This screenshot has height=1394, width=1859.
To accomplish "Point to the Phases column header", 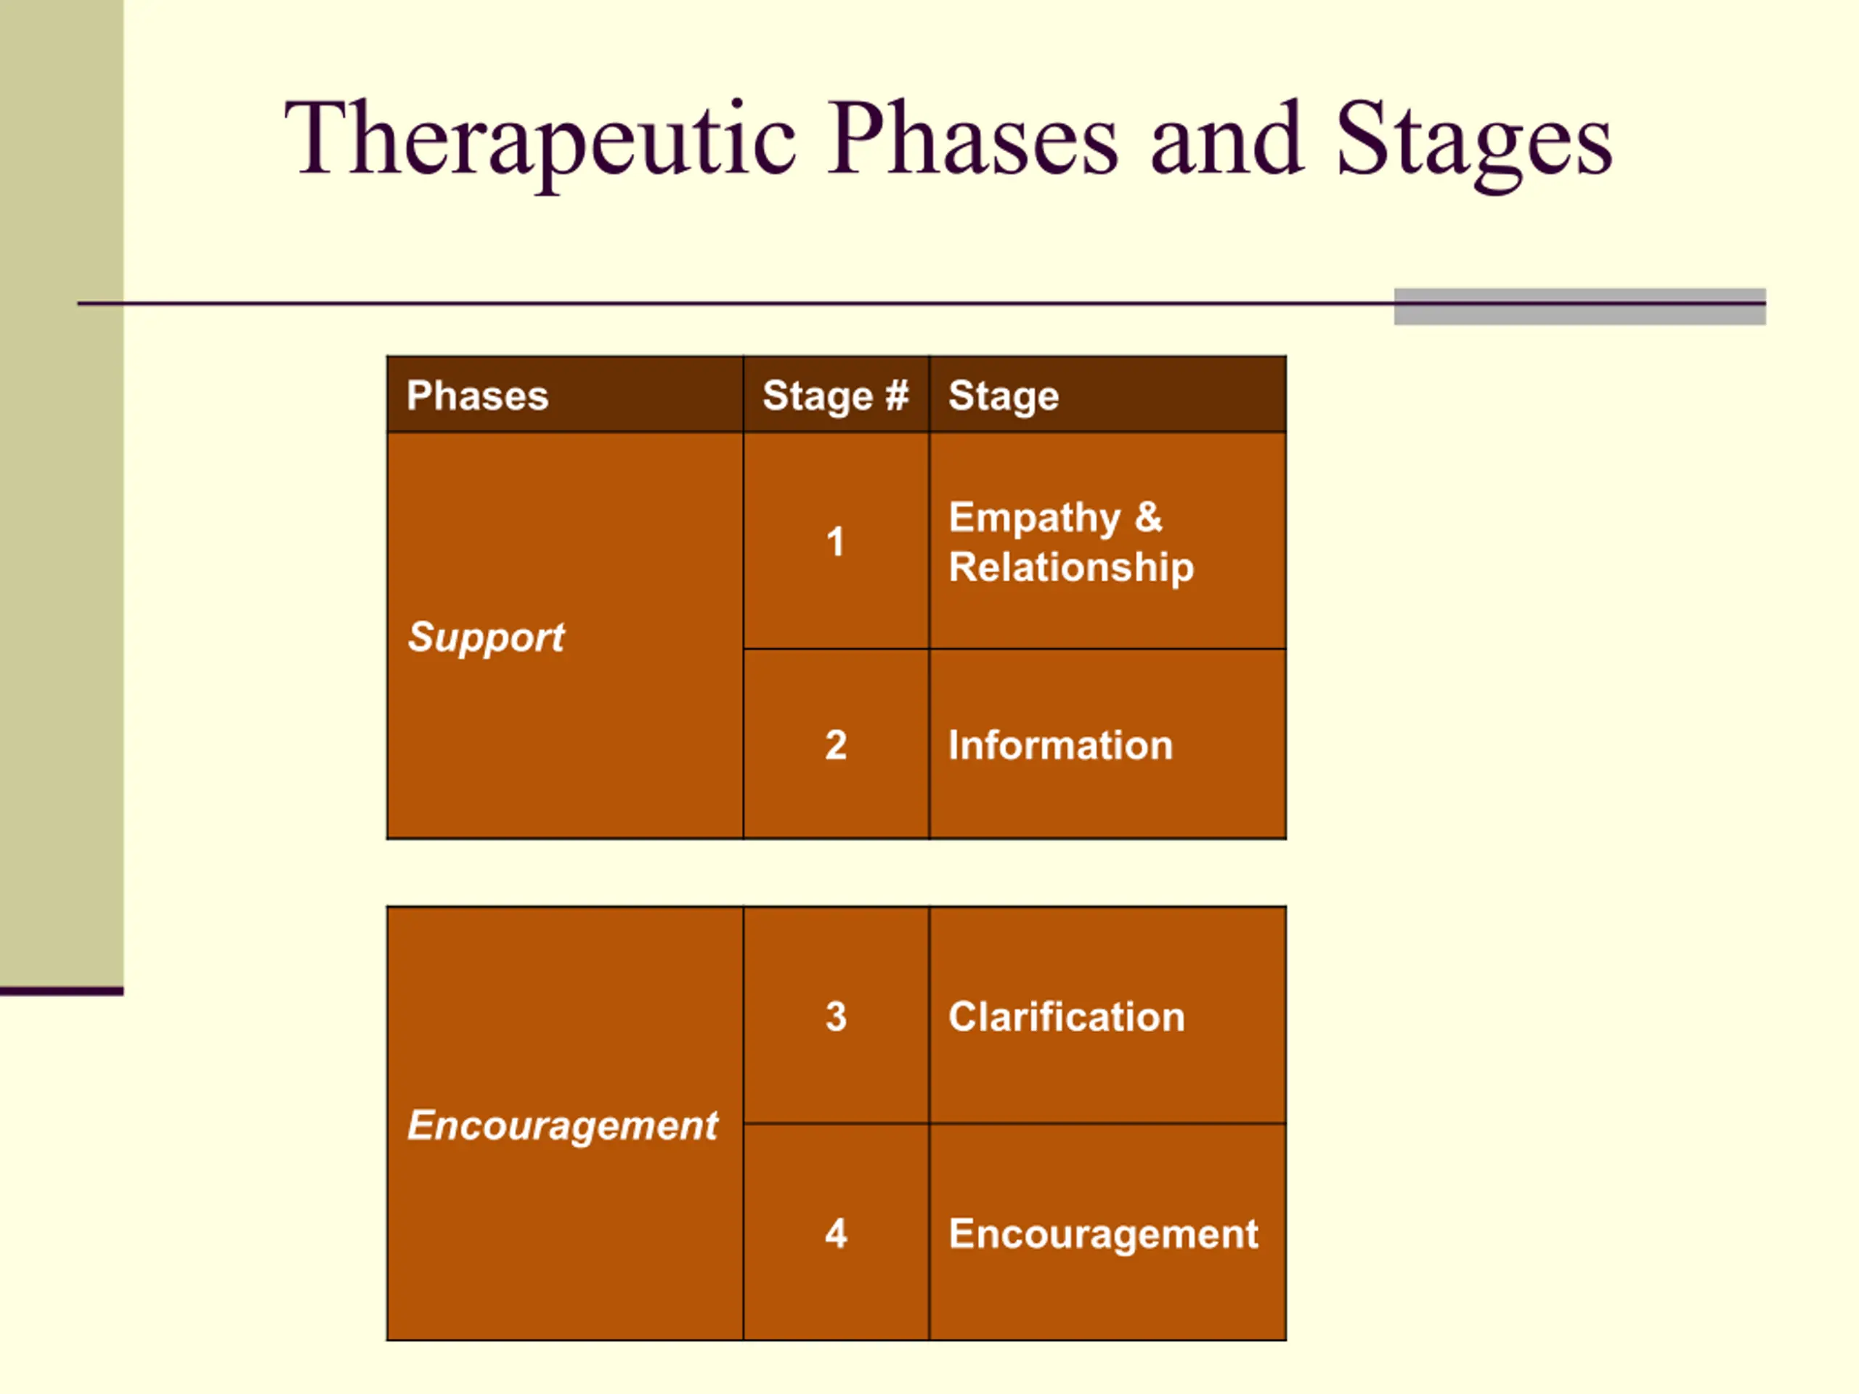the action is [477, 395].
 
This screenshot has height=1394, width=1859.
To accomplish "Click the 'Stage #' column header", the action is [835, 396].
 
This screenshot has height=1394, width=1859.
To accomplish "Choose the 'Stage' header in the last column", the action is [1004, 396].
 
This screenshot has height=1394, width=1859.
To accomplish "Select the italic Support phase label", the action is [486, 637].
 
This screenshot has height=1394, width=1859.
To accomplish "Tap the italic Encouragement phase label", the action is [562, 1126].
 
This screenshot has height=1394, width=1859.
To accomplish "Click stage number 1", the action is [834, 541].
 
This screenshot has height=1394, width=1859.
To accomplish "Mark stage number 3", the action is [835, 1016].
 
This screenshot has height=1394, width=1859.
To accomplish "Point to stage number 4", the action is [835, 1233].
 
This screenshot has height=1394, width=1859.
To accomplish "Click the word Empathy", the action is [1035, 518].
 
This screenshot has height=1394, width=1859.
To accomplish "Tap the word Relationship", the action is [1070, 567].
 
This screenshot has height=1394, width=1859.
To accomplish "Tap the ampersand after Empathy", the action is [1149, 517].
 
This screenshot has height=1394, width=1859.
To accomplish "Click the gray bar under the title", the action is [1580, 306].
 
